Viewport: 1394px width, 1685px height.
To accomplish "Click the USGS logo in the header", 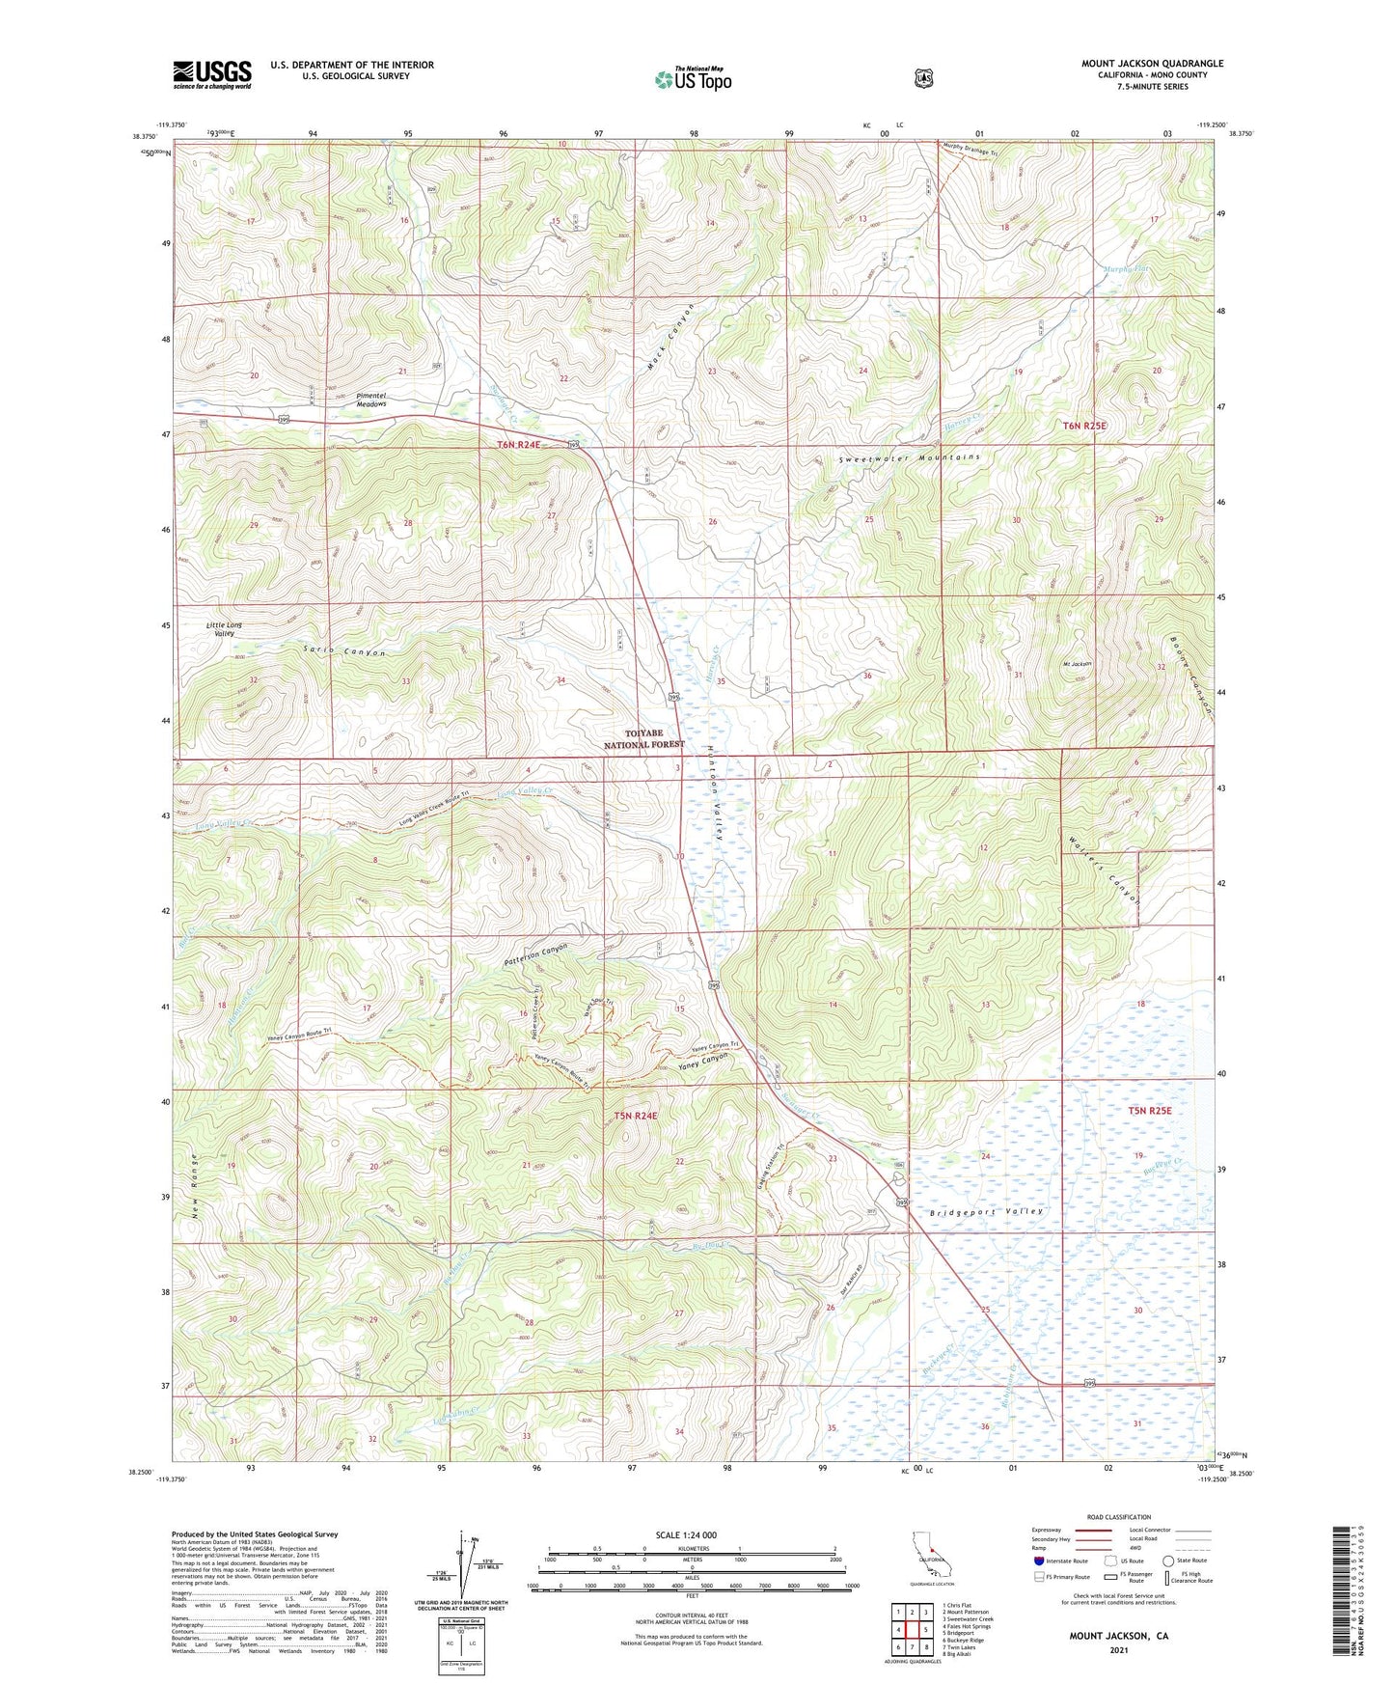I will click(211, 74).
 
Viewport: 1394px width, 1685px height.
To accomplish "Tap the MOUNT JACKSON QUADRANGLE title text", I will click(1152, 64).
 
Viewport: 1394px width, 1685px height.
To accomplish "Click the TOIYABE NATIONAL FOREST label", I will click(643, 738).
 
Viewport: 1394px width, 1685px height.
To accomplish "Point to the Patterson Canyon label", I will click(536, 955).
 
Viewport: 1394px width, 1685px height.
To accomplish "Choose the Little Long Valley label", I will click(224, 629).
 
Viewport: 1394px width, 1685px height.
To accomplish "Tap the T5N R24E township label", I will click(635, 1116).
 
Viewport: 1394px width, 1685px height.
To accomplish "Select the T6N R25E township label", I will click(1084, 426).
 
